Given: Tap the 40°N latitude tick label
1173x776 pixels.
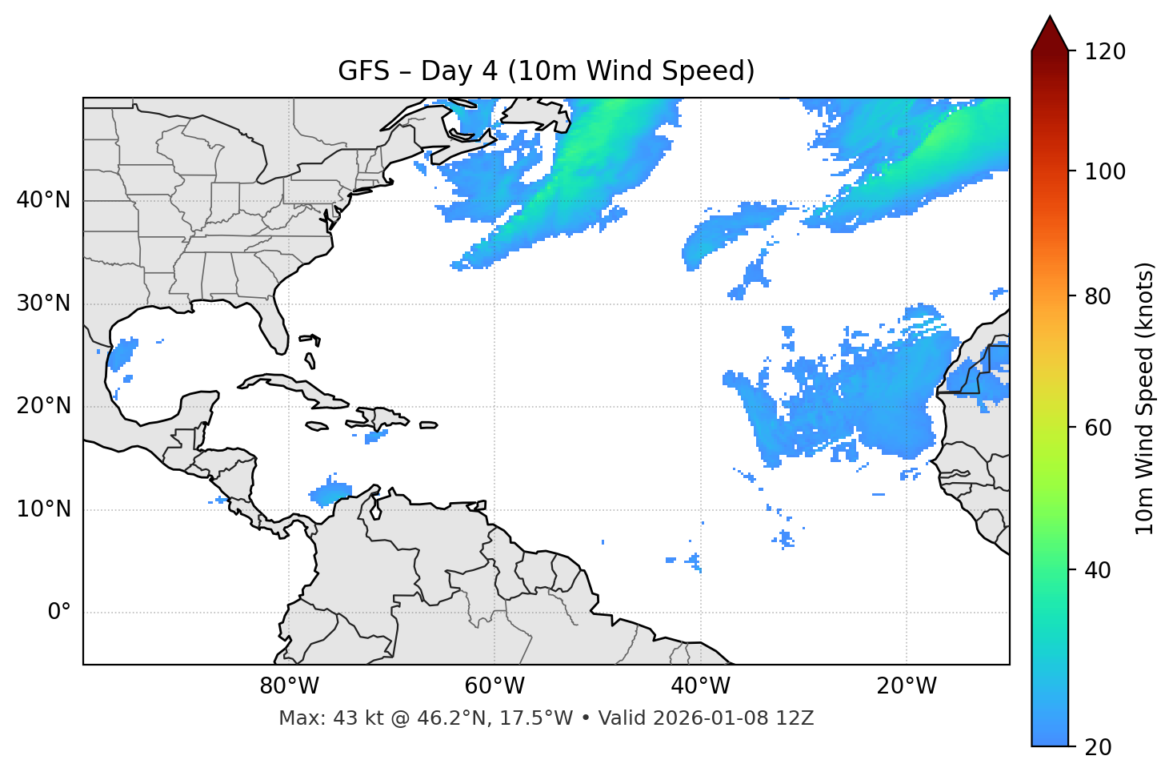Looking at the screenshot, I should (43, 200).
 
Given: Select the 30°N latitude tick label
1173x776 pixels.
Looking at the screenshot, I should (43, 304).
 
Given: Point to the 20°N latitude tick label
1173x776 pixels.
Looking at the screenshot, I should (43, 406).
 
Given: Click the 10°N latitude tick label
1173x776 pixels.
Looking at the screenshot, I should (43, 509).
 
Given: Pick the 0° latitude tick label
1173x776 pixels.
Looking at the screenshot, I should (59, 613).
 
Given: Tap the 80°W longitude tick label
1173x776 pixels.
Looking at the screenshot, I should (289, 686).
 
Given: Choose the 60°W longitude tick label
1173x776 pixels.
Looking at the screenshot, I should (494, 686).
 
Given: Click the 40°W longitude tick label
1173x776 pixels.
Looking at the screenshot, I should (700, 686).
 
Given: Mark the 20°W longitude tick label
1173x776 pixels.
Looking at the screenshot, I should (907, 686).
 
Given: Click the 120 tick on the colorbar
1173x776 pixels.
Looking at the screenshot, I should (1105, 52).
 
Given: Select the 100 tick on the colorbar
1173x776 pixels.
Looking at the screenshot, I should (1105, 171).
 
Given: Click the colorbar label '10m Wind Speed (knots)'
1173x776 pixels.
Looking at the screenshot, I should (1145, 399).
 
